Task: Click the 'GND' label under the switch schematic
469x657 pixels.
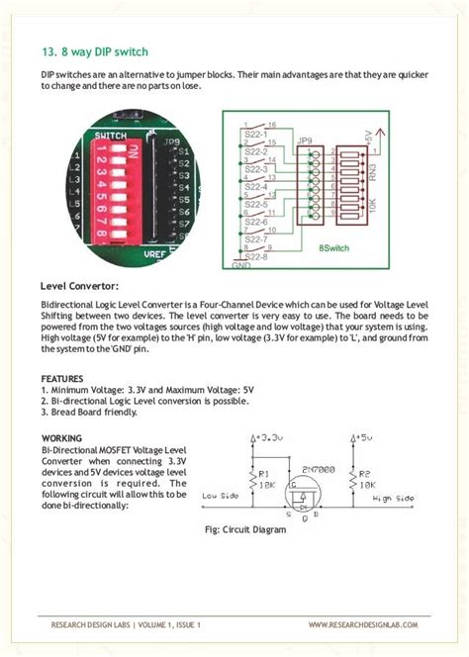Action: (240, 265)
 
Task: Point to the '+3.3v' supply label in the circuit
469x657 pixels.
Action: (268, 435)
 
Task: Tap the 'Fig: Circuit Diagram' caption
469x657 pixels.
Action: (243, 529)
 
